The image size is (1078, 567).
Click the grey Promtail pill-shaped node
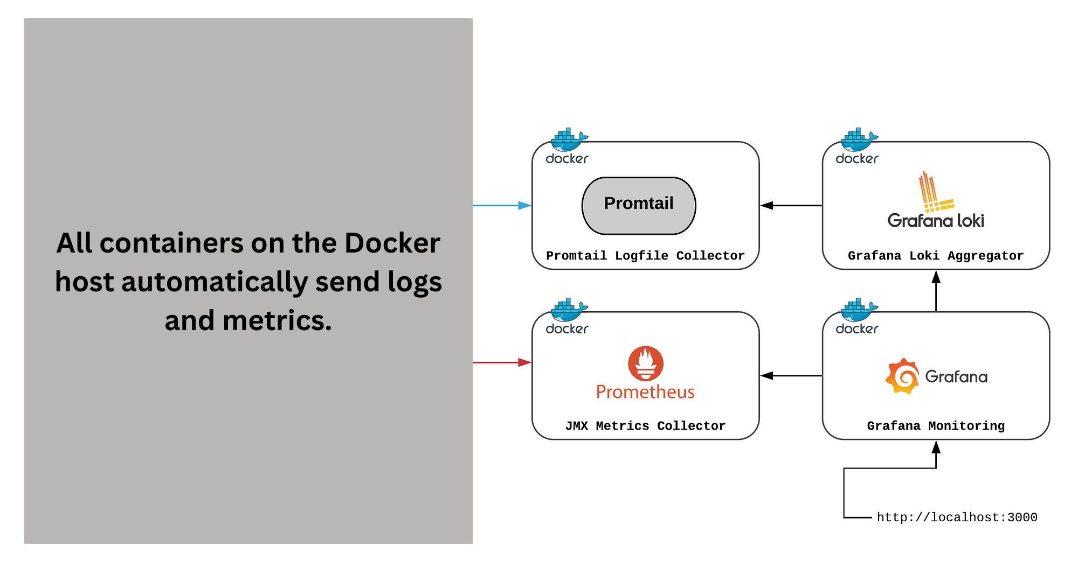point(639,205)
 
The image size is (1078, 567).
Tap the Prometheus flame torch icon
point(645,363)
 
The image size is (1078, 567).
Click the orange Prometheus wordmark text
point(645,392)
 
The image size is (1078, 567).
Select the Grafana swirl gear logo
point(902,376)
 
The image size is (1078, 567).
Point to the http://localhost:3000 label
point(957,517)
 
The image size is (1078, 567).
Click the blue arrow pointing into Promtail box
point(502,205)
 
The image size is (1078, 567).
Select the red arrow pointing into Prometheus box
point(502,362)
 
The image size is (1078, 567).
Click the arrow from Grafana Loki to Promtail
point(791,205)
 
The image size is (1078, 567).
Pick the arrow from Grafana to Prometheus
point(791,375)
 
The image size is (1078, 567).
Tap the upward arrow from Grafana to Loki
point(936,291)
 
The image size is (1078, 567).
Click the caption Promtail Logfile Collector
point(645,256)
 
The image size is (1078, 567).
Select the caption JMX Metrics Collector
point(645,426)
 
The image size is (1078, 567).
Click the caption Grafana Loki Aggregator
point(935,256)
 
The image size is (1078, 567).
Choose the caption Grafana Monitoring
point(935,426)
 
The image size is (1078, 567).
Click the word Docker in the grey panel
point(392,243)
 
